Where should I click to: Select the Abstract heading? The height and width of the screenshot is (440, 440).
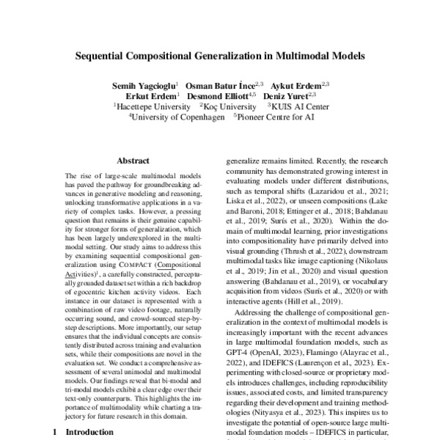coord(133,161)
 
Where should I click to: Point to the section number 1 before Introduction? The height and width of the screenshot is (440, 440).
coord(55,433)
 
